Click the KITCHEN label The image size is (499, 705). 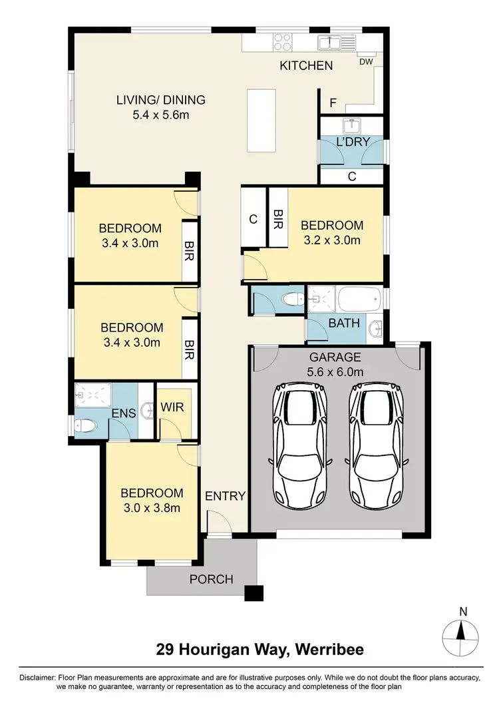click(x=305, y=65)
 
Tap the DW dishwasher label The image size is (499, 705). click(x=366, y=61)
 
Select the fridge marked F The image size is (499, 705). click(x=333, y=103)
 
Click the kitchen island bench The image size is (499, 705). click(x=259, y=120)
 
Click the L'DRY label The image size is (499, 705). click(x=352, y=142)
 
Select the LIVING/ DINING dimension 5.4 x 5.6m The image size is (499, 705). click(x=160, y=115)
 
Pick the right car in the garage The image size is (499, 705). click(x=377, y=446)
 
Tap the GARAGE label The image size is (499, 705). click(x=335, y=356)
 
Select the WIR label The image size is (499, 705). click(x=172, y=407)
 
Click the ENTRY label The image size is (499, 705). click(x=226, y=496)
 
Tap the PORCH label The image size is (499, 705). click(x=212, y=579)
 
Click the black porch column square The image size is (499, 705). click(x=253, y=592)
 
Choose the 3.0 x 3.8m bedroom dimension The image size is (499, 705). click(x=151, y=508)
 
